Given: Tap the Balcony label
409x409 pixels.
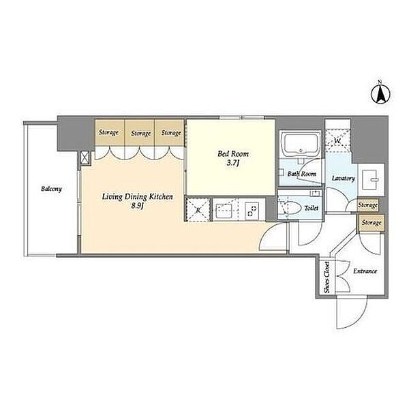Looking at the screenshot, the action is tap(51, 189).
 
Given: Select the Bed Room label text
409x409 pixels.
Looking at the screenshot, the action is tap(233, 154).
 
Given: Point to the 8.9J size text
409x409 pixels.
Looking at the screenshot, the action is tap(138, 206).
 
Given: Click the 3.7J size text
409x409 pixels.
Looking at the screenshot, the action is tap(233, 164).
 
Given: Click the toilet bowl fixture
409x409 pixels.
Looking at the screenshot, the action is tap(290, 208).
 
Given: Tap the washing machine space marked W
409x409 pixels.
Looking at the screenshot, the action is tap(338, 140).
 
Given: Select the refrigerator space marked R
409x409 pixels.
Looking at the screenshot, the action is tap(198, 210).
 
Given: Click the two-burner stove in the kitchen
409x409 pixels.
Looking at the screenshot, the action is tap(252, 211).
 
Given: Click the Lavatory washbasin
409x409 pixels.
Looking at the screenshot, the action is tap(371, 179).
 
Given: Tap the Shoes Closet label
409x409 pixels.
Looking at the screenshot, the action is tap(327, 277).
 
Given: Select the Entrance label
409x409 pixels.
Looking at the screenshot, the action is tap(365, 271).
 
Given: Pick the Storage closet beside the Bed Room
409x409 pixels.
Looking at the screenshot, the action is tap(170, 132).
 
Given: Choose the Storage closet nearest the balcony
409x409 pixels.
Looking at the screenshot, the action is tap(109, 132).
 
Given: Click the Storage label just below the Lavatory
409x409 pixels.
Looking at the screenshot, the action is tap(367, 206).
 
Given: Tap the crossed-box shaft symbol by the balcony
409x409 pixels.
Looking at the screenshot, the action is tap(85, 158).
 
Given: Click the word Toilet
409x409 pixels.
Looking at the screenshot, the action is tap(312, 208).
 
